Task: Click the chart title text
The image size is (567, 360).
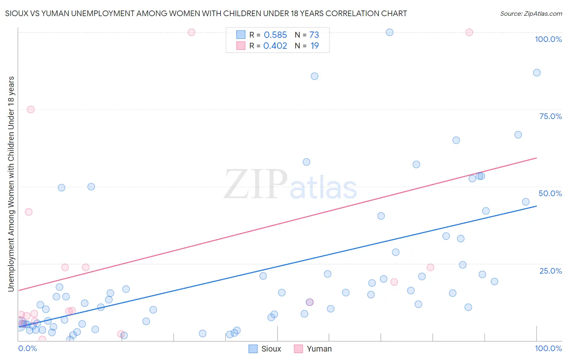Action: click(x=206, y=13)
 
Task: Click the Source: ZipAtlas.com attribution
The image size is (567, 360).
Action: click(x=531, y=13)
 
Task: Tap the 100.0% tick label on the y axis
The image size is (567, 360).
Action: click(x=548, y=39)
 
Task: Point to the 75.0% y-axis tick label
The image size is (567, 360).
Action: click(x=550, y=116)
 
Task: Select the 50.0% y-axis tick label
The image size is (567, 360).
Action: click(x=550, y=193)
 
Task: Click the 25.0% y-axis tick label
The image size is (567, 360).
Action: click(x=550, y=271)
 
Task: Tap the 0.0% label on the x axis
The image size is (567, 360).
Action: click(x=27, y=348)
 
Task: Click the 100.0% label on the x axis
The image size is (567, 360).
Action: click(x=548, y=348)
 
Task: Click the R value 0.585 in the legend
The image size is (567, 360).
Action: click(x=275, y=35)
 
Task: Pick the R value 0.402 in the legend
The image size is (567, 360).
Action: click(x=275, y=46)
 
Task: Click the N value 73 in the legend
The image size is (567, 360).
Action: click(x=314, y=35)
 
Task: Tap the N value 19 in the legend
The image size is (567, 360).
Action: click(x=315, y=46)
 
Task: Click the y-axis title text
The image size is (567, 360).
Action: click(x=11, y=184)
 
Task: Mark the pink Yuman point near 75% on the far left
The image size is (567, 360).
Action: click(x=31, y=109)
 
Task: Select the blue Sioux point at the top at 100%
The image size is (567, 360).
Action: click(x=390, y=32)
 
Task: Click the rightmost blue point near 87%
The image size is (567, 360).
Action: click(x=537, y=73)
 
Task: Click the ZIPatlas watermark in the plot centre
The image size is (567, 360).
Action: click(x=290, y=185)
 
